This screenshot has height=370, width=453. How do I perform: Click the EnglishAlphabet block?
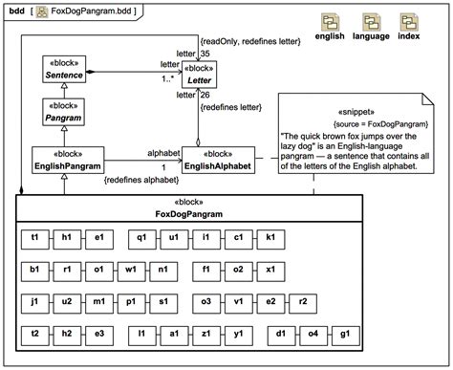point(218,160)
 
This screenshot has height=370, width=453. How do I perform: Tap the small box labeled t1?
point(35,237)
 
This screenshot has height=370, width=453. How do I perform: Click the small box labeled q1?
point(141,237)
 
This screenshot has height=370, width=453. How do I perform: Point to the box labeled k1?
point(271,237)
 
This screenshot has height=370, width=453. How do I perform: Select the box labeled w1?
point(131,269)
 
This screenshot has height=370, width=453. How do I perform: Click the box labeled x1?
point(271,269)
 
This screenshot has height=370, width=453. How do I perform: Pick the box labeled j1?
point(35,302)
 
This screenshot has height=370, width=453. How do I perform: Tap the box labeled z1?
point(206,336)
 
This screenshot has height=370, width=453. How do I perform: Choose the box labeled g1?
point(343,336)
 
